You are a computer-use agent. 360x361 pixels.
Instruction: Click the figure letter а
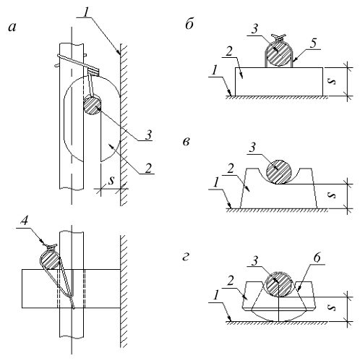12,27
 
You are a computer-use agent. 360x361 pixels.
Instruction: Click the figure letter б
189,24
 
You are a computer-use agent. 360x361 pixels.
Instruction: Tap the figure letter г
186,258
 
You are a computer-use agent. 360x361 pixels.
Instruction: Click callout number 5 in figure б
313,43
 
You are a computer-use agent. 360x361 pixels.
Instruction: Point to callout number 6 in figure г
317,258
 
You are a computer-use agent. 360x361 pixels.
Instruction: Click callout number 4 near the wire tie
24,221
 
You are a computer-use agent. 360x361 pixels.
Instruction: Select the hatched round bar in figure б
279,54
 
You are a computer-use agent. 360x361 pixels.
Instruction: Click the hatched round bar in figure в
279,171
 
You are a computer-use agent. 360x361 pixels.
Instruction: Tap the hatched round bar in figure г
278,284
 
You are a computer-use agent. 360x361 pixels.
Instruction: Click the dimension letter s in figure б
333,82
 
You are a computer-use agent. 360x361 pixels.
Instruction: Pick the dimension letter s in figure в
333,195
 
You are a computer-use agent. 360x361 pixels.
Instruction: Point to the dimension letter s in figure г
333,308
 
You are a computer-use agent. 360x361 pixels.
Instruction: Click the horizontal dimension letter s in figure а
111,180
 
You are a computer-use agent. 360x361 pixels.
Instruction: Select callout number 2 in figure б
229,51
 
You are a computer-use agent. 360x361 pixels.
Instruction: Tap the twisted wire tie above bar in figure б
279,37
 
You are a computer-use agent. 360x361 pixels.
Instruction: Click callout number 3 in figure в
252,147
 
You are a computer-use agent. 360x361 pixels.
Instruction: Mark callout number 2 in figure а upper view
148,168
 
